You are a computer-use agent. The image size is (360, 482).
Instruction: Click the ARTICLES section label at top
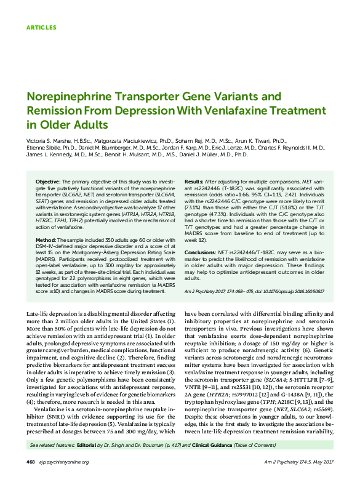41,28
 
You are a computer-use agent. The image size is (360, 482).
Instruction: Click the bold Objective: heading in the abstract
47,183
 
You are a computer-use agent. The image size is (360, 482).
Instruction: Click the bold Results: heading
194,183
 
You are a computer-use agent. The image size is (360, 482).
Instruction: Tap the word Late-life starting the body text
38,315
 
